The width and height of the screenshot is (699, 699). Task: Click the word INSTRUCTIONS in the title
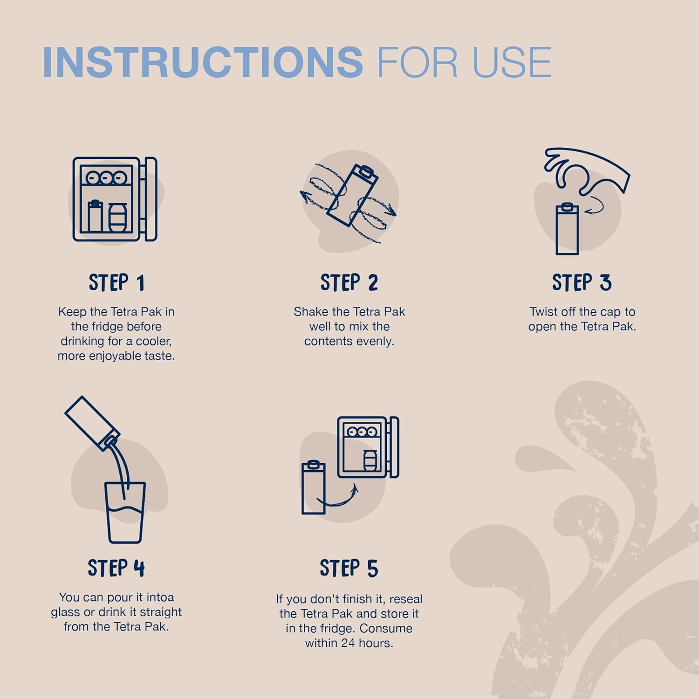203,62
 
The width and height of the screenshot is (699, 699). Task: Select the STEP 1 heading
116,283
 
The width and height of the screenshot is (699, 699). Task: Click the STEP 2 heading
349,283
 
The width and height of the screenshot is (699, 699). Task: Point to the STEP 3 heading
582,283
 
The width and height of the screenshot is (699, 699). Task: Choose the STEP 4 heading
116,568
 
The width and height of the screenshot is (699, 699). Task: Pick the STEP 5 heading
349,568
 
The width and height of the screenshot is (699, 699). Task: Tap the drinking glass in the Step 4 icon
125,513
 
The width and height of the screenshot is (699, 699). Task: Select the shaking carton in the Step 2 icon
352,195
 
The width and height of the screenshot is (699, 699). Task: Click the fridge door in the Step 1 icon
151,199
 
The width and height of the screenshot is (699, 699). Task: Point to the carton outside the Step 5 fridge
313,487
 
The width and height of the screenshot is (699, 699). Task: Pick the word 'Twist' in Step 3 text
544,311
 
